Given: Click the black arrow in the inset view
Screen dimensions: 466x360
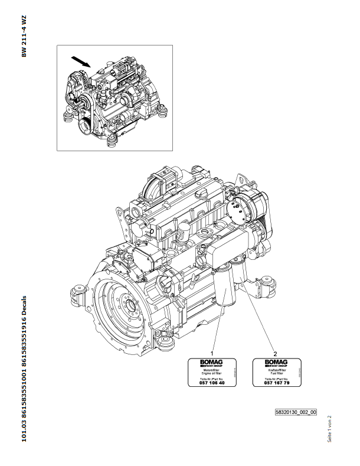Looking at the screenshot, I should [81, 60].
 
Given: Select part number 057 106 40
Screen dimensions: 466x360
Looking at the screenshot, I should [204, 383].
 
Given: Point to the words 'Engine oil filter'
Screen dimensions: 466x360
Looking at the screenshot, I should [204, 373].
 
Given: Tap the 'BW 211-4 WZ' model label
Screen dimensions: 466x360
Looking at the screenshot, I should [25, 38].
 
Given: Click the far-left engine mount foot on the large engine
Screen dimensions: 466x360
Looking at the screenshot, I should [78, 291].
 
